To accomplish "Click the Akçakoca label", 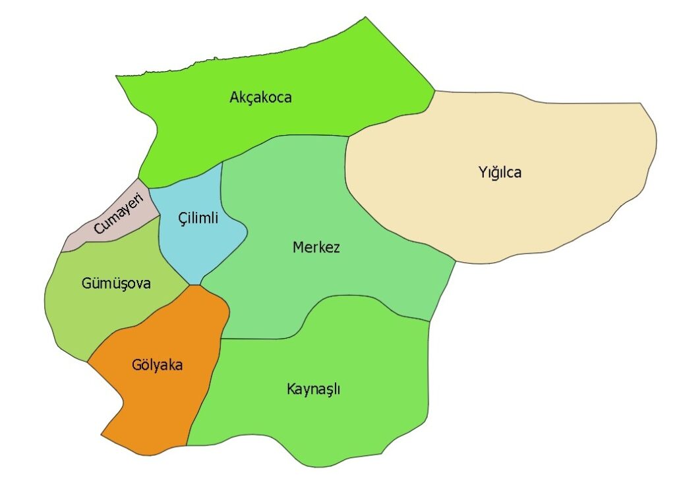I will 260,98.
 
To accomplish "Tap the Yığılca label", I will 500,173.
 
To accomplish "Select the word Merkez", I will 316,248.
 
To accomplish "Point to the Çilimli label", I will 198,217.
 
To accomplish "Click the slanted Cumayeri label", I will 119,213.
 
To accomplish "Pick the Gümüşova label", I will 116,283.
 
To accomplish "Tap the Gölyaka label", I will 156,364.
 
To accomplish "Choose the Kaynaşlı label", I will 313,388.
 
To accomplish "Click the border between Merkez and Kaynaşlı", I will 264,339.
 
